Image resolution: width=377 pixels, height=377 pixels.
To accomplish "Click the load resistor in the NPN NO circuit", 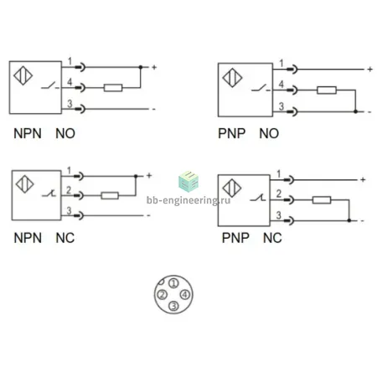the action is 113,88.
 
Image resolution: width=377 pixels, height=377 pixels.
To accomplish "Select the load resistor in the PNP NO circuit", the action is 327,90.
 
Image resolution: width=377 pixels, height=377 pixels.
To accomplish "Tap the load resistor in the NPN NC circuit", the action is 110,195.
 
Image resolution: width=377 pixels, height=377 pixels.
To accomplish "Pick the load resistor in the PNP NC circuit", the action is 322,200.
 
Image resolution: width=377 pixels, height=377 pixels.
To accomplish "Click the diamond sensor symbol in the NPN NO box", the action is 23,75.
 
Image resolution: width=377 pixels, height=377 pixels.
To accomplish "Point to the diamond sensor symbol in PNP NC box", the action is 232,188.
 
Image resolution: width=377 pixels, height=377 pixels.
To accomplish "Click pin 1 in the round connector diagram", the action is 173,283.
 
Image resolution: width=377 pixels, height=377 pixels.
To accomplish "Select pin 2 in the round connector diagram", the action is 163,294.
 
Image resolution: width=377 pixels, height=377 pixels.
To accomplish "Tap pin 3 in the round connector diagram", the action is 173,306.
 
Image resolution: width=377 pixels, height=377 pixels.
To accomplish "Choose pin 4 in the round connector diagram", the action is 185,294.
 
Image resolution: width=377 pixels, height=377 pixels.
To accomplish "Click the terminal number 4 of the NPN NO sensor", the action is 70,82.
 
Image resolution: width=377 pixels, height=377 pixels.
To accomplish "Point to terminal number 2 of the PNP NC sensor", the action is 278,194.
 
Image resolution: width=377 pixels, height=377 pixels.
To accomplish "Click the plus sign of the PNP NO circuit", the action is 370,69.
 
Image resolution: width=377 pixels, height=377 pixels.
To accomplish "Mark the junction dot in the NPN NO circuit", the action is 141,67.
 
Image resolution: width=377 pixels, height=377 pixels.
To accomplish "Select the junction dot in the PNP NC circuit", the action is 349,220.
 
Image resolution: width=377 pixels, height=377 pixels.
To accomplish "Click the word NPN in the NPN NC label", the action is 28,238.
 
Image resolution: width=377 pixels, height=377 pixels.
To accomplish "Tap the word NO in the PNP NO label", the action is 269,133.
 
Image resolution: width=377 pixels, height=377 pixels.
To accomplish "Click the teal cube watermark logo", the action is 188,182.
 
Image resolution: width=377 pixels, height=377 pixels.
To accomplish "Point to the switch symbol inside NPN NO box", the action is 50,85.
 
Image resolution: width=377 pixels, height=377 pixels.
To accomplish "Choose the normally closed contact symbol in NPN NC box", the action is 49,193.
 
